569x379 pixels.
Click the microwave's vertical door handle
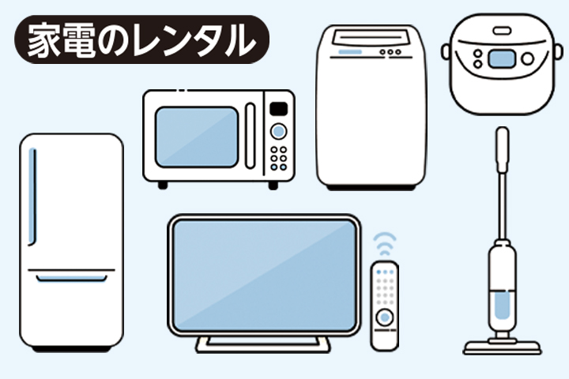251,136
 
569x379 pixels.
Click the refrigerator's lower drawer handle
72,278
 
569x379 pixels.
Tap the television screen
264,273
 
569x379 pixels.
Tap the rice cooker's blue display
501,58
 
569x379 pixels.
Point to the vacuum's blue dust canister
501,304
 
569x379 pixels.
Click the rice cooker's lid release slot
502,31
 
